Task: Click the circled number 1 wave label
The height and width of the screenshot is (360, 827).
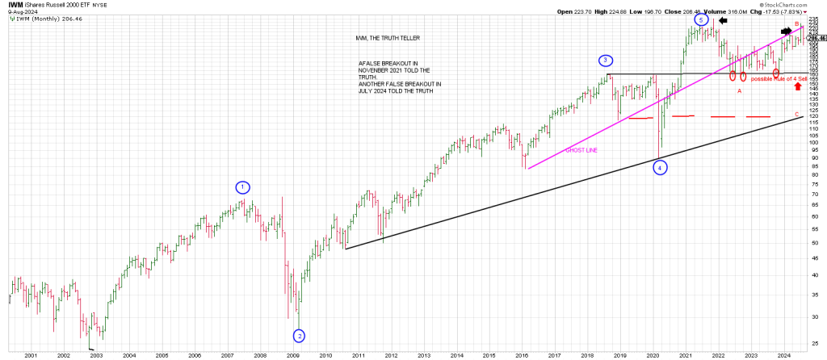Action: tap(243, 187)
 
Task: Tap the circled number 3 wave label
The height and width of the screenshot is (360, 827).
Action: tap(605, 61)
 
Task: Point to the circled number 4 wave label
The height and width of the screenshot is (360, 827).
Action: tap(661, 168)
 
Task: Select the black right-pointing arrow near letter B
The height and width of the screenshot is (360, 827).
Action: tap(787, 31)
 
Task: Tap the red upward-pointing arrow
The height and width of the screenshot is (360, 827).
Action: tap(798, 86)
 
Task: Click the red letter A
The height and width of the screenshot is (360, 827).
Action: tap(739, 91)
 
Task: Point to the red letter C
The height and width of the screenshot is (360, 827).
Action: tap(797, 114)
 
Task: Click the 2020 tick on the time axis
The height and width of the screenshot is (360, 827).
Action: tap(653, 354)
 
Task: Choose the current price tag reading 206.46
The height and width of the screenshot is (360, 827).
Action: tap(817, 38)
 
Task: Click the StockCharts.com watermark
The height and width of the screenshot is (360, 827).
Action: tap(798, 4)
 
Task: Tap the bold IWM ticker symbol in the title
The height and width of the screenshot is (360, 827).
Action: tap(15, 4)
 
